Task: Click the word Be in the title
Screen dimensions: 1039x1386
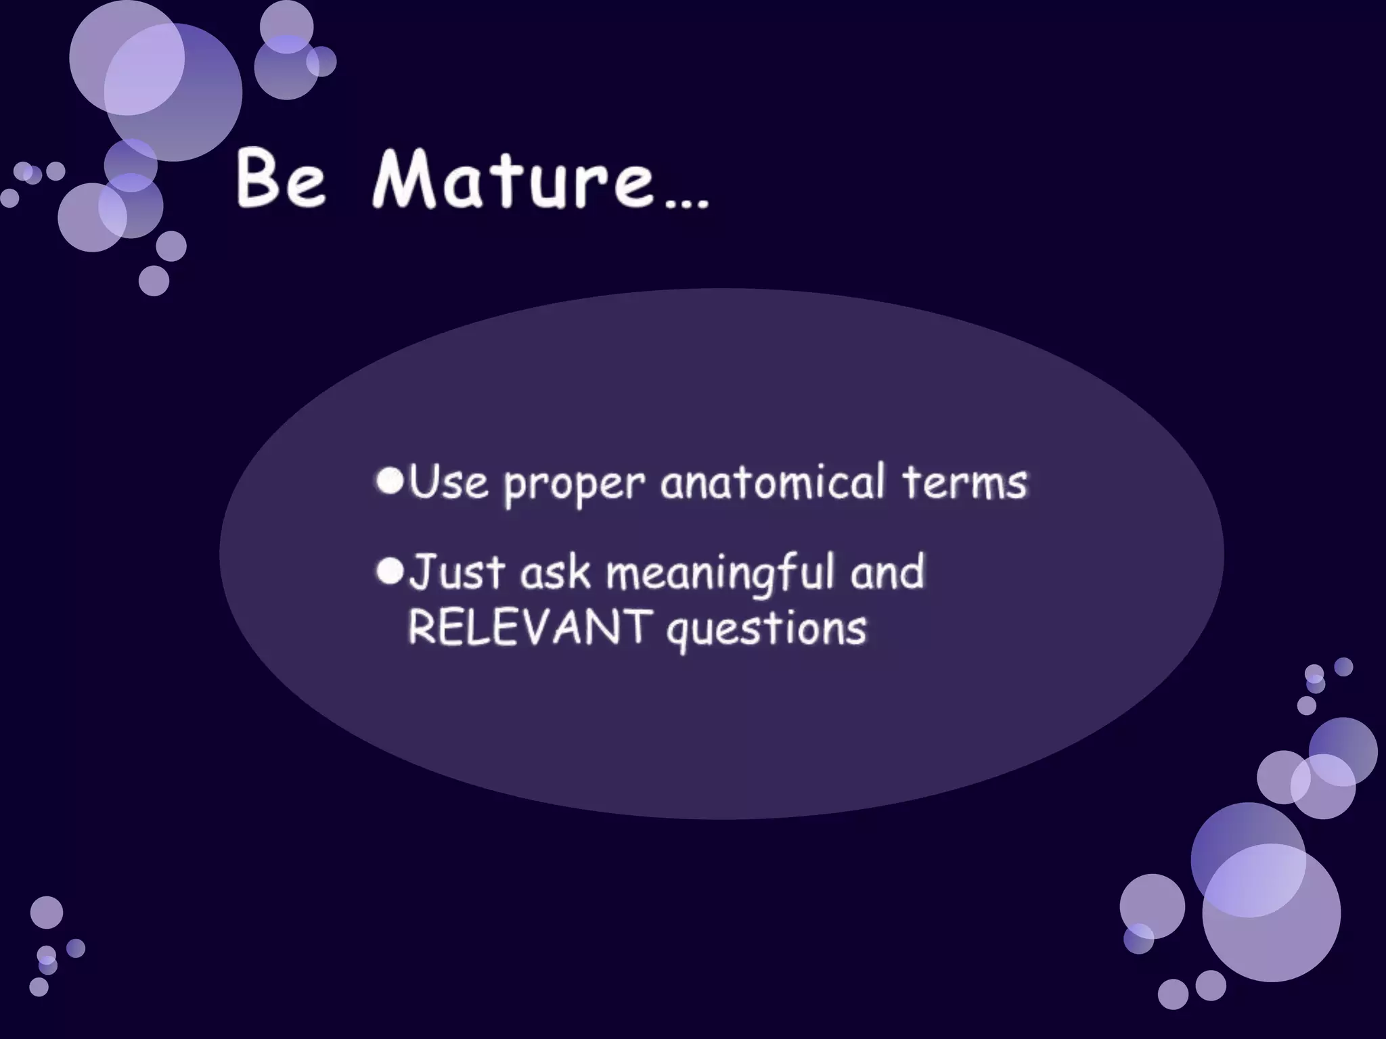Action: (x=282, y=180)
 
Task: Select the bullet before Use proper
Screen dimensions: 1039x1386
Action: (x=390, y=480)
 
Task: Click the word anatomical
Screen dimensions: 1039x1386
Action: (x=772, y=482)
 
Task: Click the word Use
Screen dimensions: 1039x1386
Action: (x=448, y=482)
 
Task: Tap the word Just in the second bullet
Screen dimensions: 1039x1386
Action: (x=457, y=572)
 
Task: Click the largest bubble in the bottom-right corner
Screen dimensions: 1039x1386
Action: (x=1271, y=913)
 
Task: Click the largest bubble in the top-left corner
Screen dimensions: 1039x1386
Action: (x=173, y=92)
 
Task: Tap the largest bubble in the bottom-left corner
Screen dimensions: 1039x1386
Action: (x=47, y=912)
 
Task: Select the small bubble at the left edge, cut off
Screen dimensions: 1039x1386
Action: (x=9, y=198)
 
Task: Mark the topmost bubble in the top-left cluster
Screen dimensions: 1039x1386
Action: (x=286, y=26)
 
